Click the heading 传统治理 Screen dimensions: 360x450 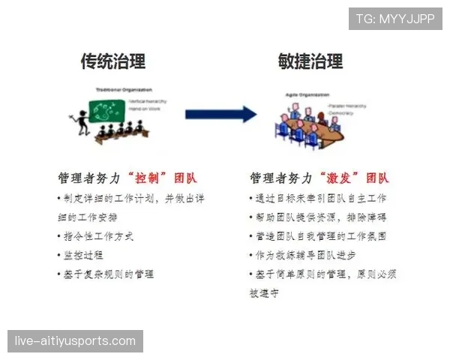tap(112, 61)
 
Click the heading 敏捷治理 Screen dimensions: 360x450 tap(310, 61)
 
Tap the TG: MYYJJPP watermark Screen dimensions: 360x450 tap(395, 19)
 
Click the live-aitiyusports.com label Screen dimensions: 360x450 tap(75, 341)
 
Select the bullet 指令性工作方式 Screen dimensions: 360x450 tap(97, 236)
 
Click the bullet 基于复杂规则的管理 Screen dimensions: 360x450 tap(107, 274)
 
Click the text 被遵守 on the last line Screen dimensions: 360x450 tap(263, 294)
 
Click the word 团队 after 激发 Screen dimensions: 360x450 tap(377, 178)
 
